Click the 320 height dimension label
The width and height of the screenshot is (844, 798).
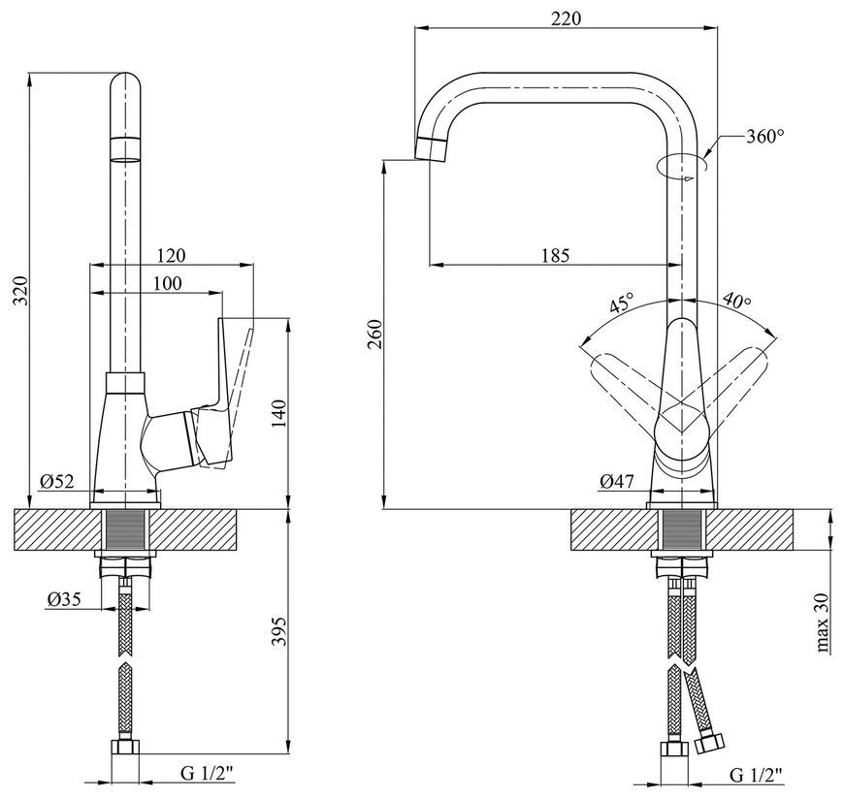pos(20,291)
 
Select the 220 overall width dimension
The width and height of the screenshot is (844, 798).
pos(567,18)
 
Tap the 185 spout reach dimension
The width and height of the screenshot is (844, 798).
pos(554,255)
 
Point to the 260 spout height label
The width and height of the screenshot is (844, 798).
pos(375,335)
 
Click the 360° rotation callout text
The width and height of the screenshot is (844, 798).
pos(764,136)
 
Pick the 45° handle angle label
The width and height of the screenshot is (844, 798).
pos(622,303)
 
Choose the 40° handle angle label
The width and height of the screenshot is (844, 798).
pos(736,301)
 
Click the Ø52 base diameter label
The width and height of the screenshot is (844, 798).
pos(56,481)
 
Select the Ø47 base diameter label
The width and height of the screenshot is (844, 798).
pos(617,480)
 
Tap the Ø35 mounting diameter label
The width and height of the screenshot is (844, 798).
pos(63,599)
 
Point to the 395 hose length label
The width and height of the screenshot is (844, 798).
pos(280,632)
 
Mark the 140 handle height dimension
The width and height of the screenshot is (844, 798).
pos(280,414)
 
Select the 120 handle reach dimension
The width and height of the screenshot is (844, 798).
pos(170,255)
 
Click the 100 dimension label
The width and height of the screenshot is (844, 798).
pos(167,283)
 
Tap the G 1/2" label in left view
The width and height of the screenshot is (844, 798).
pos(208,774)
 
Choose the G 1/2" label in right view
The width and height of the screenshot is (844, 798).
pos(757,775)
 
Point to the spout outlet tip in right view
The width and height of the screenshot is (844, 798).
pos(430,149)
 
